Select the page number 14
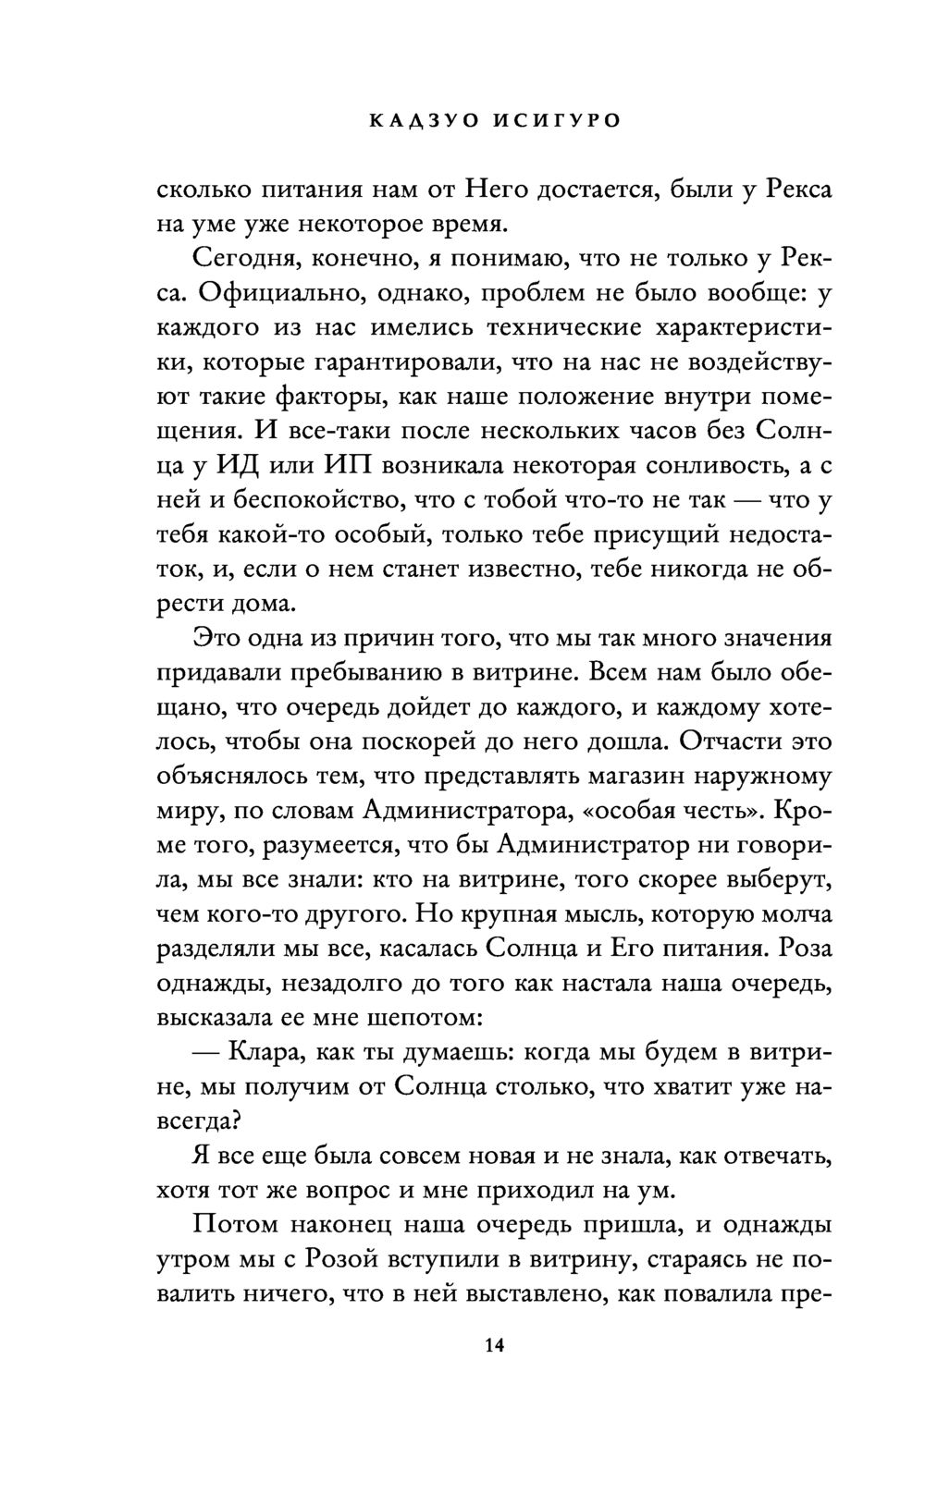[494, 1345]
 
